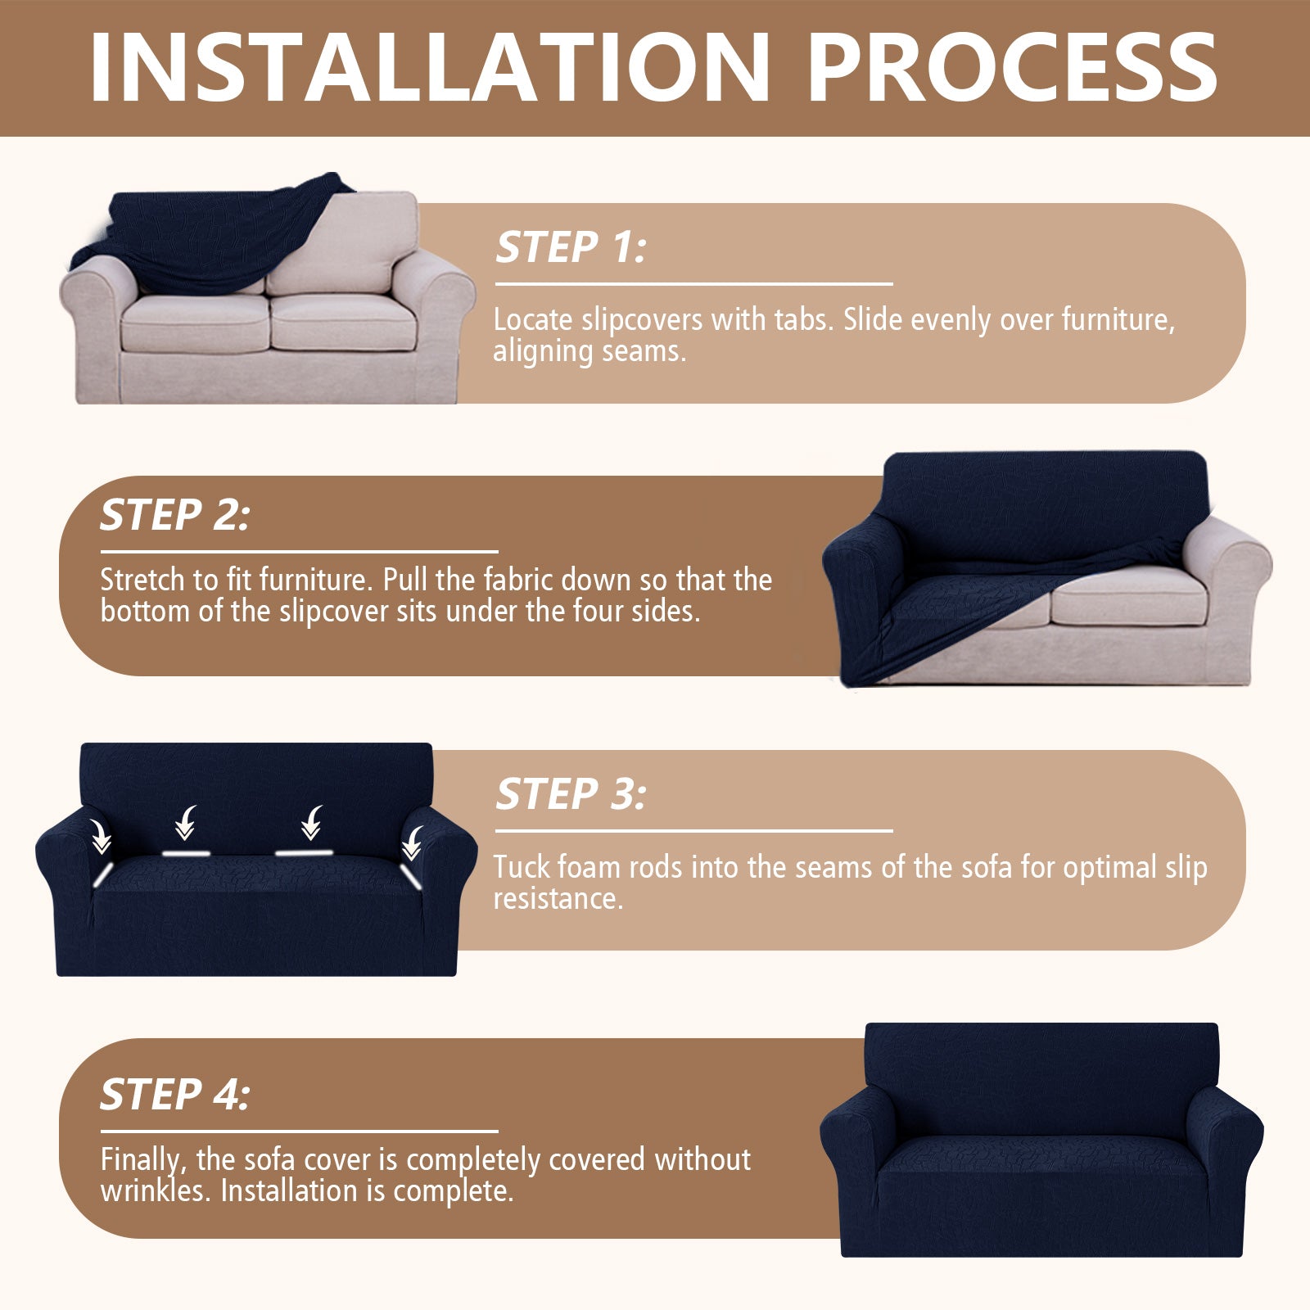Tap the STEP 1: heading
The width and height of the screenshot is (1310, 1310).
tap(571, 247)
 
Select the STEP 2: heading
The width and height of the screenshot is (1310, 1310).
tap(174, 515)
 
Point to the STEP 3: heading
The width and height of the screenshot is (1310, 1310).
tap(571, 794)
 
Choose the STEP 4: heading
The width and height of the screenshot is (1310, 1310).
tap(174, 1095)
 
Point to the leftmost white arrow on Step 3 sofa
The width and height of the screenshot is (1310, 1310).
tap(101, 837)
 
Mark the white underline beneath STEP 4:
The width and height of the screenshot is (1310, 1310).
tap(299, 1132)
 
